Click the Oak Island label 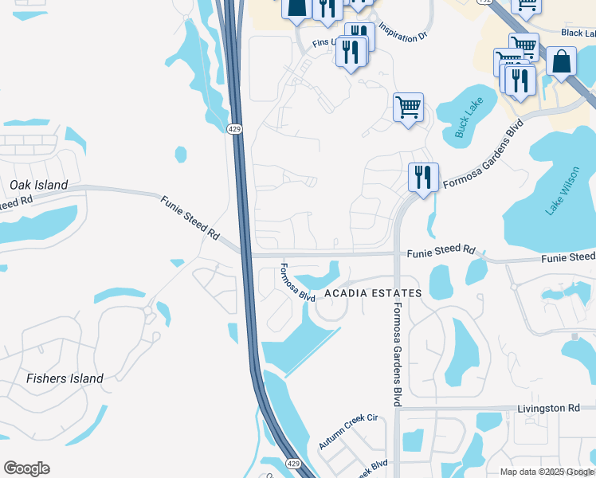coord(39,185)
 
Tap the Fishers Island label coord(65,378)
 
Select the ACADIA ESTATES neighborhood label coord(372,294)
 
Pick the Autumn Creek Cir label coord(347,431)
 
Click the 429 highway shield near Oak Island coord(233,129)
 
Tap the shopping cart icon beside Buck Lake coord(408,106)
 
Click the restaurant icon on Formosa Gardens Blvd coord(423,176)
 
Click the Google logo coord(26,468)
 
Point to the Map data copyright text coord(547,472)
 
